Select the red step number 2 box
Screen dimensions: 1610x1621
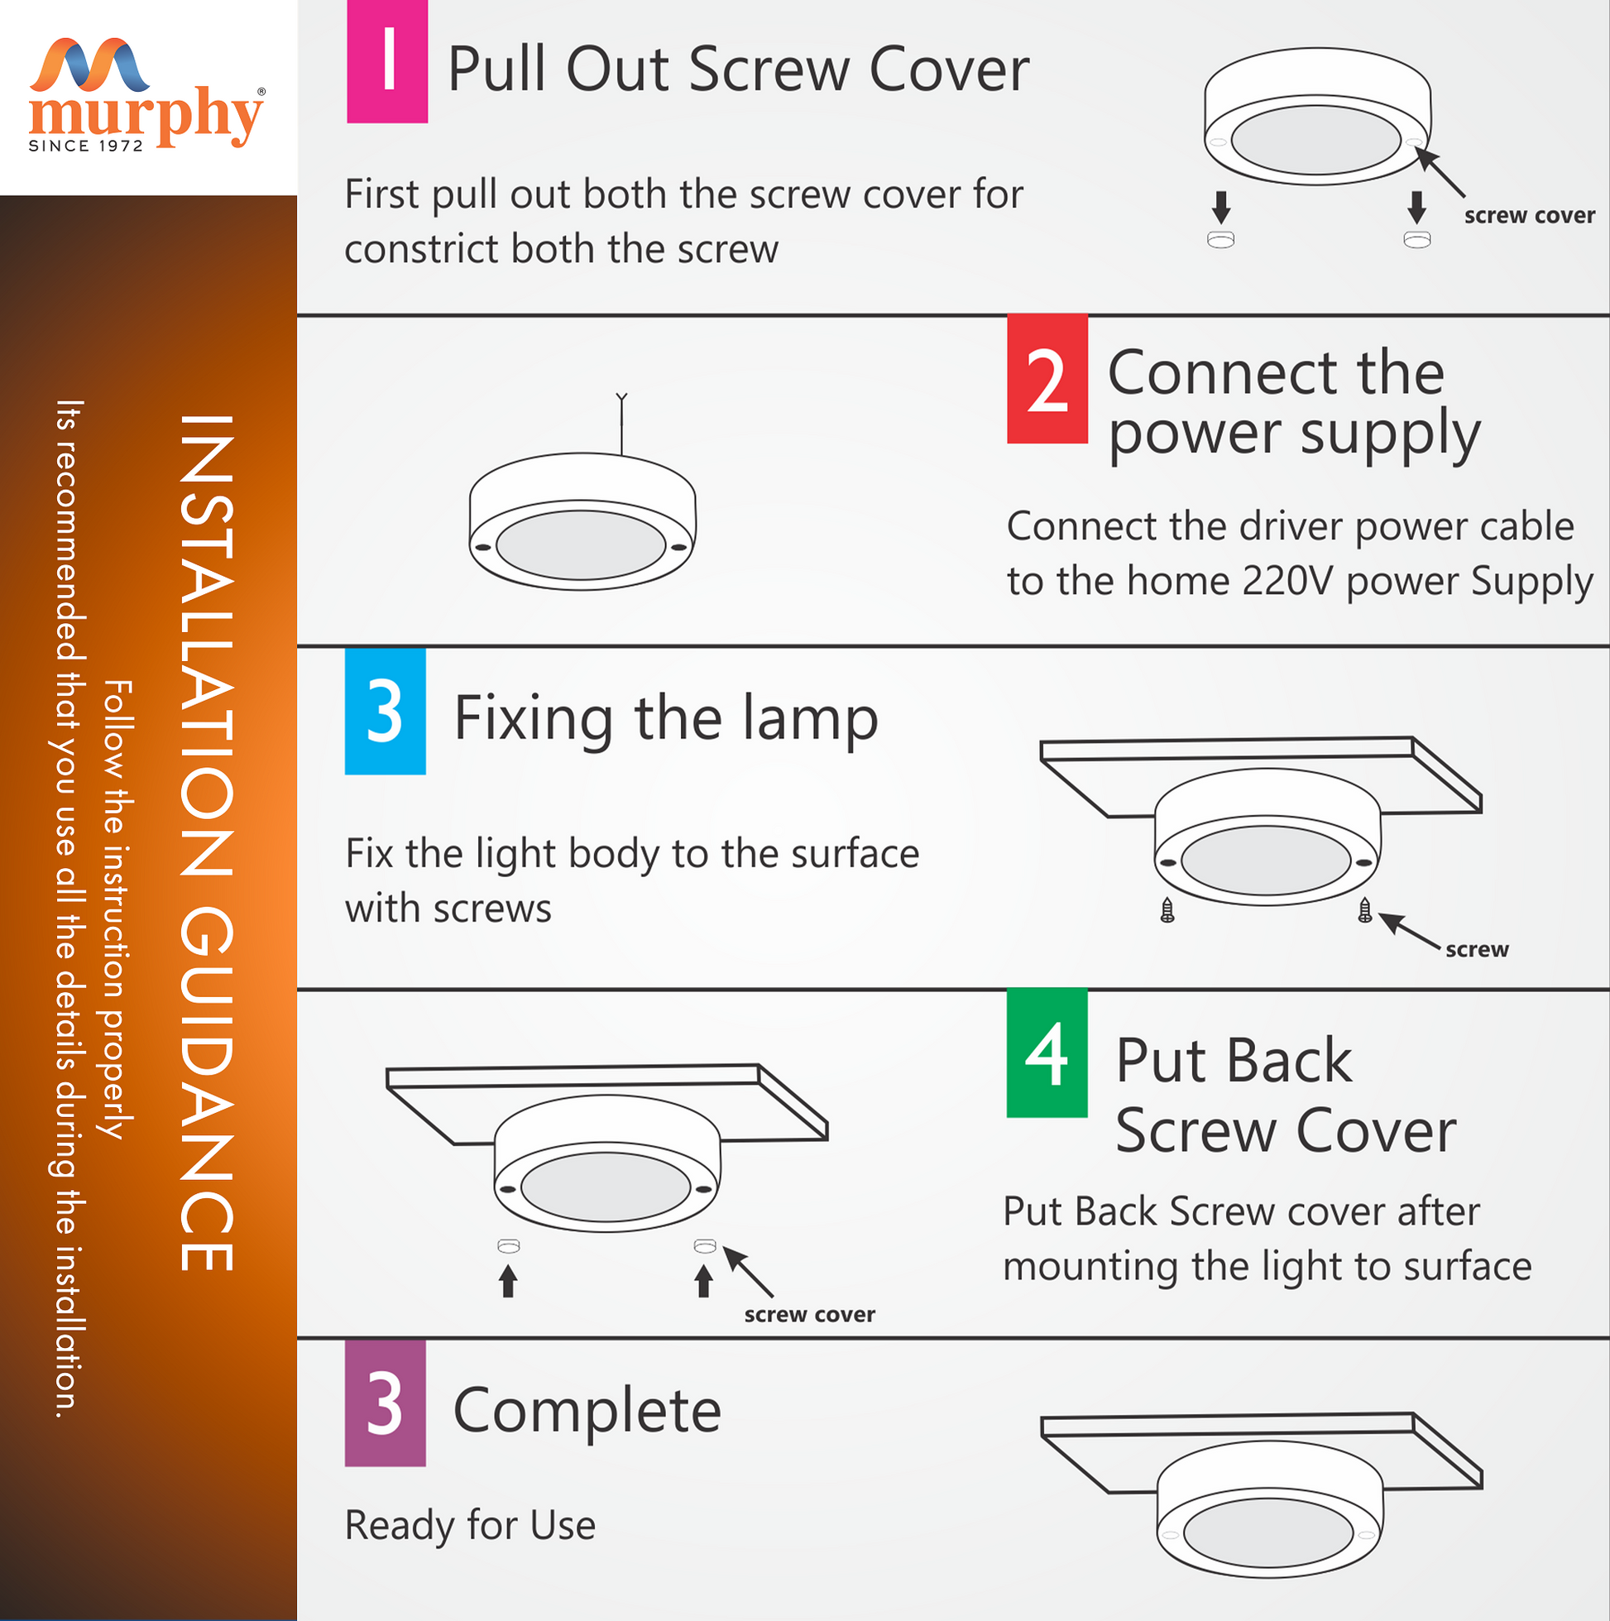tap(1047, 379)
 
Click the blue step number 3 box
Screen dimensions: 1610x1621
tap(385, 712)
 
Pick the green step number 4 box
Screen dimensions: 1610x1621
tap(1047, 1054)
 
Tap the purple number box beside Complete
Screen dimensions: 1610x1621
tap(385, 1404)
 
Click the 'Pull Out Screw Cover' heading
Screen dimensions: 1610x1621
tap(738, 69)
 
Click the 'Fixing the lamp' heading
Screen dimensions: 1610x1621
tap(666, 720)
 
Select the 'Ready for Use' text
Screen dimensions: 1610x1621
tap(471, 1524)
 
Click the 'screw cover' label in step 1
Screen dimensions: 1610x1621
tap(1530, 216)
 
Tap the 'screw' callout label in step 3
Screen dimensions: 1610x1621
tap(1477, 950)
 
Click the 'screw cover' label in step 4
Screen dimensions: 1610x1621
tap(810, 1315)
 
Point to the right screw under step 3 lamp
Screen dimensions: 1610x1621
tap(1365, 910)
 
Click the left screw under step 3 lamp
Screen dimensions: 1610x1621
tap(1167, 910)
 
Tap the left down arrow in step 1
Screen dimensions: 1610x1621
tap(1221, 206)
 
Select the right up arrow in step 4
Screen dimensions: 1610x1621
tap(704, 1281)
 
